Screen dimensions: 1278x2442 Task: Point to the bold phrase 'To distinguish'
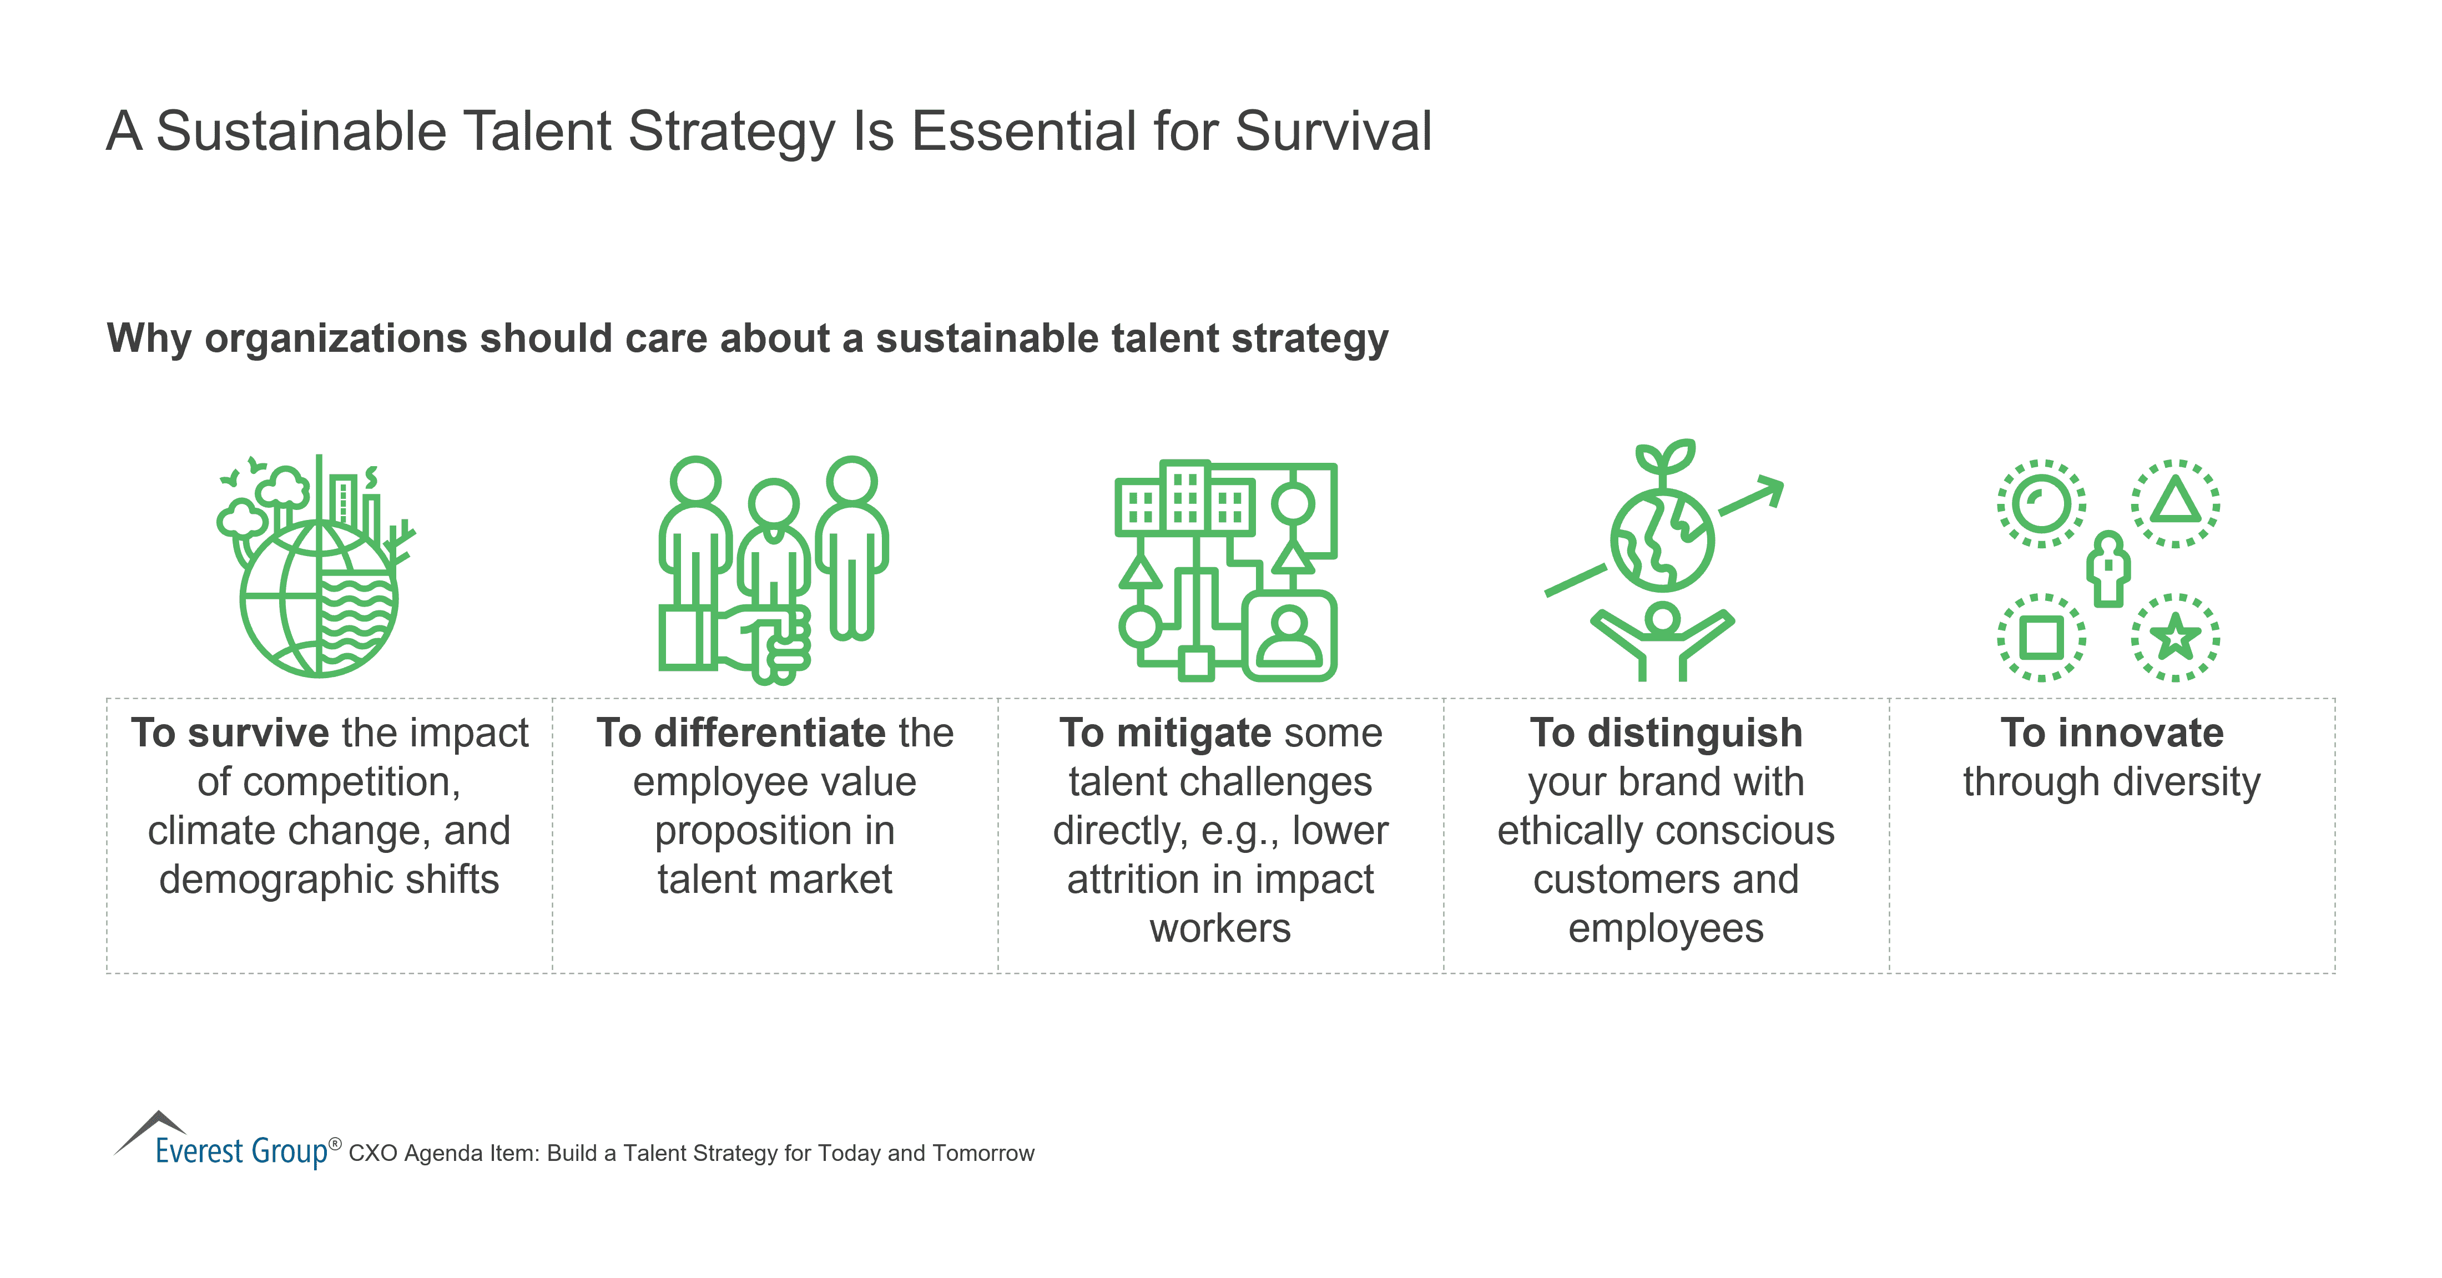pos(1666,733)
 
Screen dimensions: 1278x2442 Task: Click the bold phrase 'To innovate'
pos(2111,733)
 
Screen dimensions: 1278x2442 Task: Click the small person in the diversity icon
pos(2108,569)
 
